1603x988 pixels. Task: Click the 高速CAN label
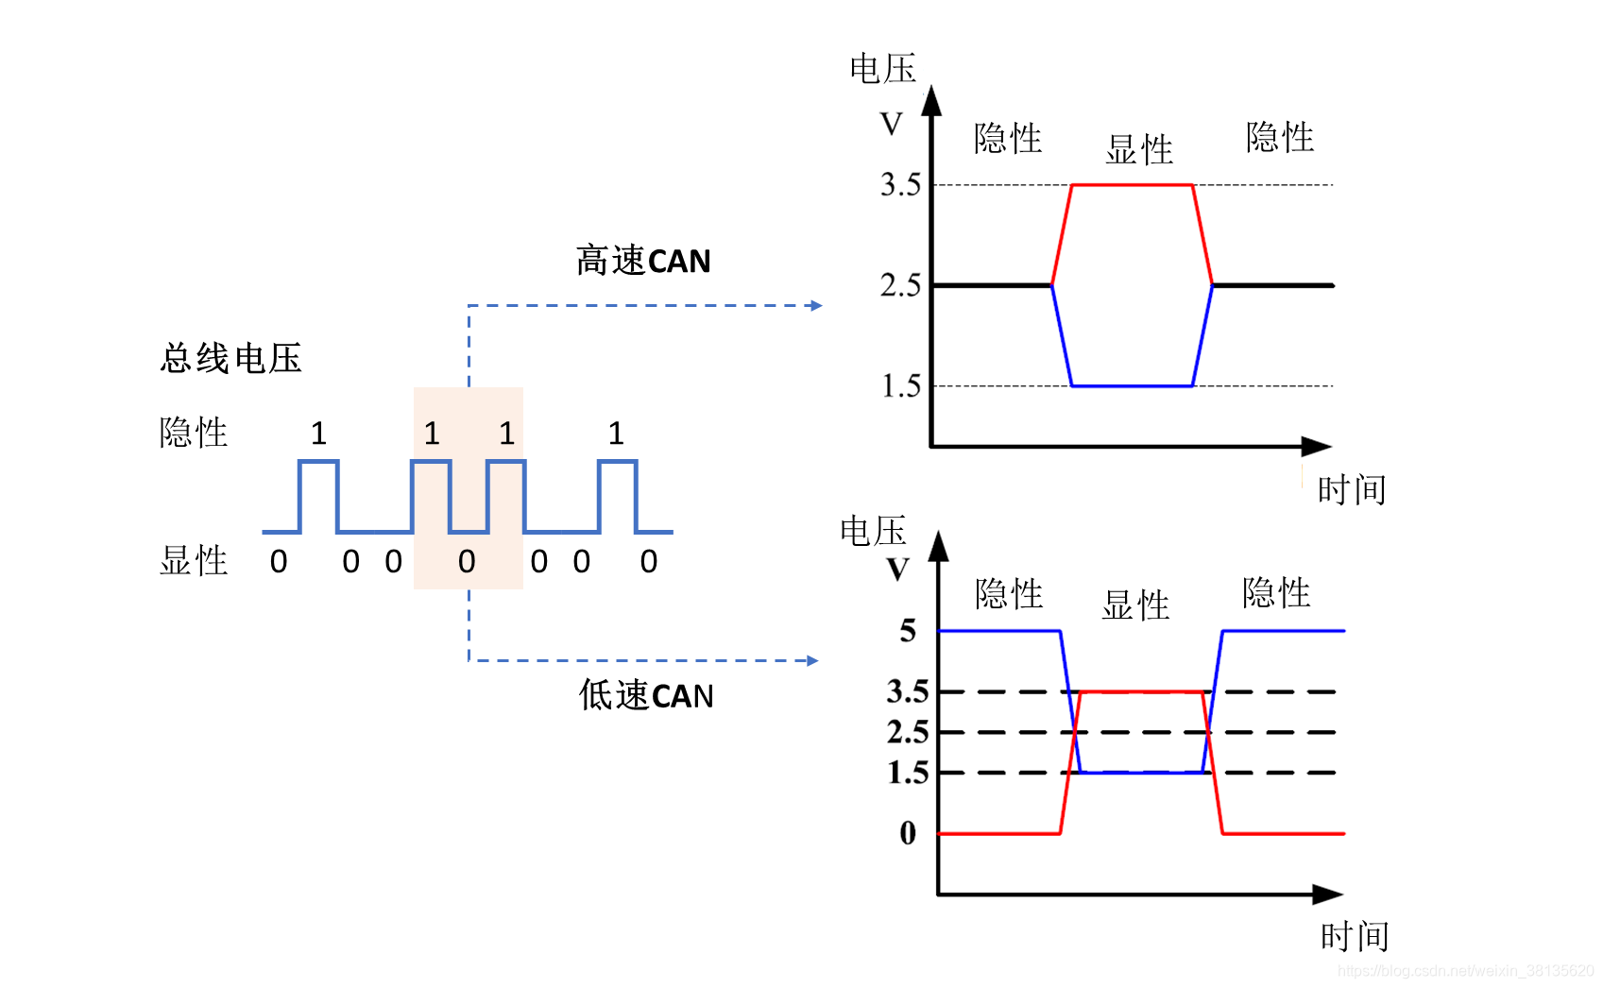point(643,261)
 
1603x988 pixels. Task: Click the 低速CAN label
point(646,696)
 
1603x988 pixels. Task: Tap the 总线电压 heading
point(231,359)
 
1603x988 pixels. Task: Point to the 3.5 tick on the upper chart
point(900,184)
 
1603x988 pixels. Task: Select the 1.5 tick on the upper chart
point(900,385)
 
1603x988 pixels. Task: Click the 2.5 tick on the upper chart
point(900,284)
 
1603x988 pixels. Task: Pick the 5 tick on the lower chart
point(908,630)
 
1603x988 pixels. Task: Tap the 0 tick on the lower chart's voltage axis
point(908,833)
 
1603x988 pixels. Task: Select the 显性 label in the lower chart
point(1135,605)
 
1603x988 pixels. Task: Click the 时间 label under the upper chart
point(1352,490)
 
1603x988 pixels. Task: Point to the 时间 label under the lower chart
point(1355,937)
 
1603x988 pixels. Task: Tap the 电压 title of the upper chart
point(883,69)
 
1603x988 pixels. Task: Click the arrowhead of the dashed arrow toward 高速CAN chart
point(816,305)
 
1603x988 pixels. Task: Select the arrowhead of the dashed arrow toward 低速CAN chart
point(812,660)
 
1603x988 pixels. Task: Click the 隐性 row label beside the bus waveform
point(194,433)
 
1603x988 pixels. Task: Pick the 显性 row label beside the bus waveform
point(194,561)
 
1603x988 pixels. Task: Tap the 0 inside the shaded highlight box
point(467,562)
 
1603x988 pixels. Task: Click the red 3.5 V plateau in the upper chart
point(1132,185)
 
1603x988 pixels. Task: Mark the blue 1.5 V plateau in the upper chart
point(1132,385)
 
